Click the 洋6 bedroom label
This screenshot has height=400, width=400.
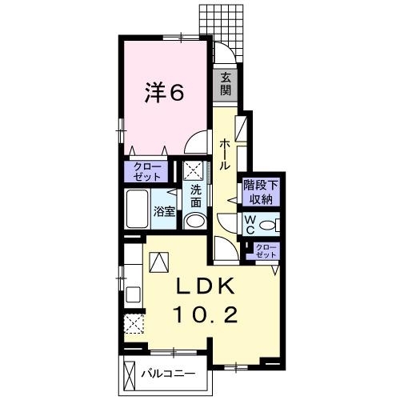point(165,92)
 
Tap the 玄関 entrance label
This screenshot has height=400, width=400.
point(226,82)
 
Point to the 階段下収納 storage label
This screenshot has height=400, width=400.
point(261,193)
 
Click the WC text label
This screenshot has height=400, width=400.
point(250,224)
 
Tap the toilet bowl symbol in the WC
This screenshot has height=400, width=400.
point(270,224)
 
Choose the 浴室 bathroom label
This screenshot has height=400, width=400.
point(165,212)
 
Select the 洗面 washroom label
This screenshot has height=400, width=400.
point(195,196)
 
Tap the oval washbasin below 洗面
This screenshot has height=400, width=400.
point(194,222)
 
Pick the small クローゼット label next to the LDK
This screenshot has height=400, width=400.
point(266,250)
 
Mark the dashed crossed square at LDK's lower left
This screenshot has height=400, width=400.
point(134,322)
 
